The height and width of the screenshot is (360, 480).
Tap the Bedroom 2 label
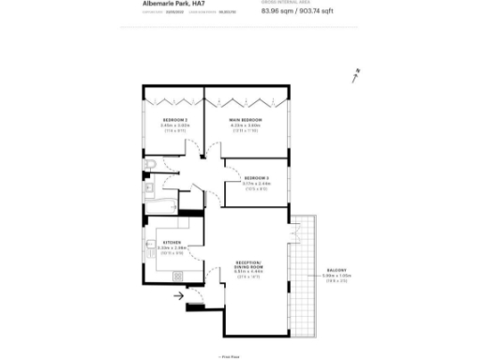tap(175, 121)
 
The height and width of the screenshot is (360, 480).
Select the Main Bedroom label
tap(246, 121)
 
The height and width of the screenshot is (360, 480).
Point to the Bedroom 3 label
tap(256, 177)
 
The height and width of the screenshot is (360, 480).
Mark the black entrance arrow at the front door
tap(179, 298)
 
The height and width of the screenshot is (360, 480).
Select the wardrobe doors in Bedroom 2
tap(175, 98)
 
